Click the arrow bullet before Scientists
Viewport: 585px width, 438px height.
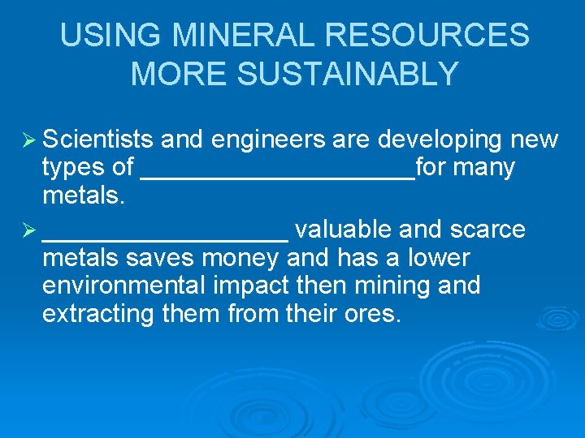[28, 140]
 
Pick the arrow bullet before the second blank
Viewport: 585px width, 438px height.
[28, 230]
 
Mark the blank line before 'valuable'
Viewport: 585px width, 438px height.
[165, 234]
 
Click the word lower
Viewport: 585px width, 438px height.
[440, 258]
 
